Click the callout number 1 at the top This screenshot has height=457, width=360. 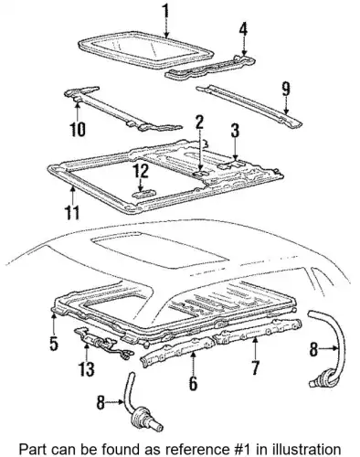pyautogui.click(x=165, y=11)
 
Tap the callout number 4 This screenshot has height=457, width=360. pyautogui.click(x=243, y=30)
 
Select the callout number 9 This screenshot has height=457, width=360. pyautogui.click(x=285, y=89)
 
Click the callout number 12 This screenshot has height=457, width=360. pyautogui.click(x=140, y=171)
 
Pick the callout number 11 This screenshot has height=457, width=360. pyautogui.click(x=72, y=212)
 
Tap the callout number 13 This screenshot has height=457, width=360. pyautogui.click(x=87, y=369)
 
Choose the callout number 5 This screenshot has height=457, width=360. pyautogui.click(x=54, y=343)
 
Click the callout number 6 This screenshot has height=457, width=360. pyautogui.click(x=193, y=382)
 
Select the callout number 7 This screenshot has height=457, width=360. pyautogui.click(x=255, y=367)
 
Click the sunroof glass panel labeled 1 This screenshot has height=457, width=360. pyautogui.click(x=145, y=51)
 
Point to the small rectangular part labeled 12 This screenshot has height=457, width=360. pyautogui.click(x=143, y=194)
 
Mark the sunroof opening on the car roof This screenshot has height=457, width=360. pyautogui.click(x=159, y=250)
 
